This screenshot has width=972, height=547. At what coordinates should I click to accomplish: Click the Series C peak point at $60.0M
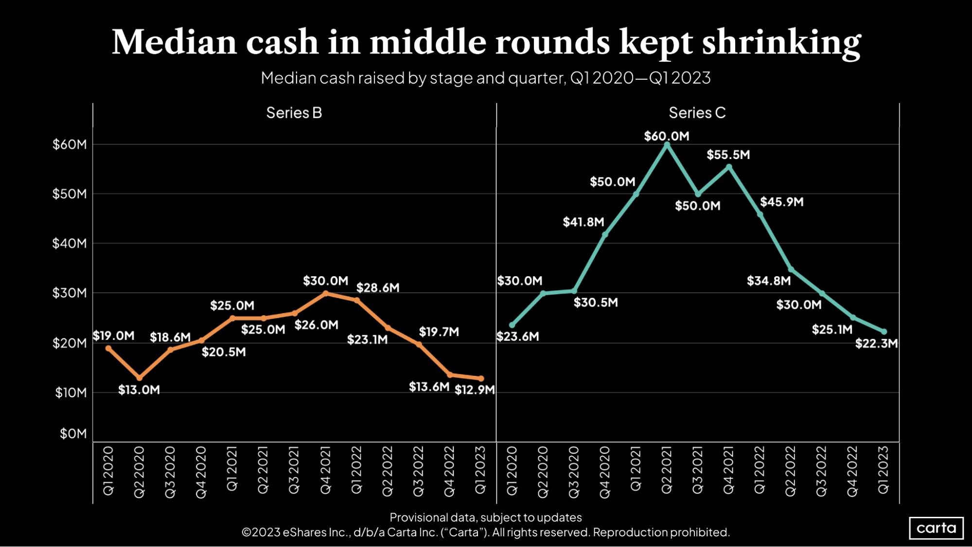tap(667, 145)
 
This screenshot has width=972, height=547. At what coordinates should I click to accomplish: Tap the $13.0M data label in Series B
tap(139, 390)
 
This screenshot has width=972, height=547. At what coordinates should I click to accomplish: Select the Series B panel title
tap(294, 113)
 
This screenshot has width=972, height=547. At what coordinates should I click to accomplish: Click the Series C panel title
tap(697, 113)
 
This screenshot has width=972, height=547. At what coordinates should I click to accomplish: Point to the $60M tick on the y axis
tap(70, 144)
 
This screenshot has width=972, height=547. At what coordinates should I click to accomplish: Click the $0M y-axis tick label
tap(73, 434)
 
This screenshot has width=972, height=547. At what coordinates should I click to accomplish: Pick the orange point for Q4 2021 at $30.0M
tap(326, 293)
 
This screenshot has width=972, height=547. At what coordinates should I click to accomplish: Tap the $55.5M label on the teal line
tap(728, 155)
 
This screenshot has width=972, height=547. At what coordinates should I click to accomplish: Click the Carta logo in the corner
tap(936, 528)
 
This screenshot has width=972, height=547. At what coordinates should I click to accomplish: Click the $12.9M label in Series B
tap(475, 390)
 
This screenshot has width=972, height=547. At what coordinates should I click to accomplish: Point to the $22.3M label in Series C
tap(876, 344)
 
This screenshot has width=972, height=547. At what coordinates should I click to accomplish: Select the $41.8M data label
tap(583, 222)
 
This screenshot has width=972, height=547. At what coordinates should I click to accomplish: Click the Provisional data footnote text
tap(485, 517)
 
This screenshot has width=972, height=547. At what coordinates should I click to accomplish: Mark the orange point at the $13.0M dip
tap(140, 378)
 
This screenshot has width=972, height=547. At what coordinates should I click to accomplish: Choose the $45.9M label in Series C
tap(781, 202)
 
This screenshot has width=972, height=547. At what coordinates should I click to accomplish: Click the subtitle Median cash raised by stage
tap(485, 78)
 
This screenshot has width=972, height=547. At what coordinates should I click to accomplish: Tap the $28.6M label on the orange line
tap(378, 288)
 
